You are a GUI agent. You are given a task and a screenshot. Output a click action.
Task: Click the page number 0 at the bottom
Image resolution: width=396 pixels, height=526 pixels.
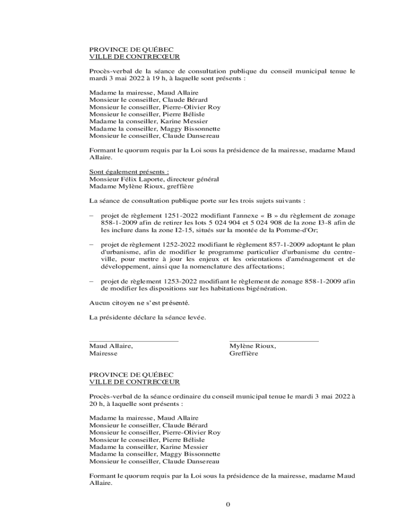(x=227, y=503)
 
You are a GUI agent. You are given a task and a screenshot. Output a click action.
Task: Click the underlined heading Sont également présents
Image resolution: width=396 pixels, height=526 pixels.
(x=129, y=172)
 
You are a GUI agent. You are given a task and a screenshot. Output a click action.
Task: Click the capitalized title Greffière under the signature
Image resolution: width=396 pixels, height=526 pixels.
(x=244, y=353)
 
